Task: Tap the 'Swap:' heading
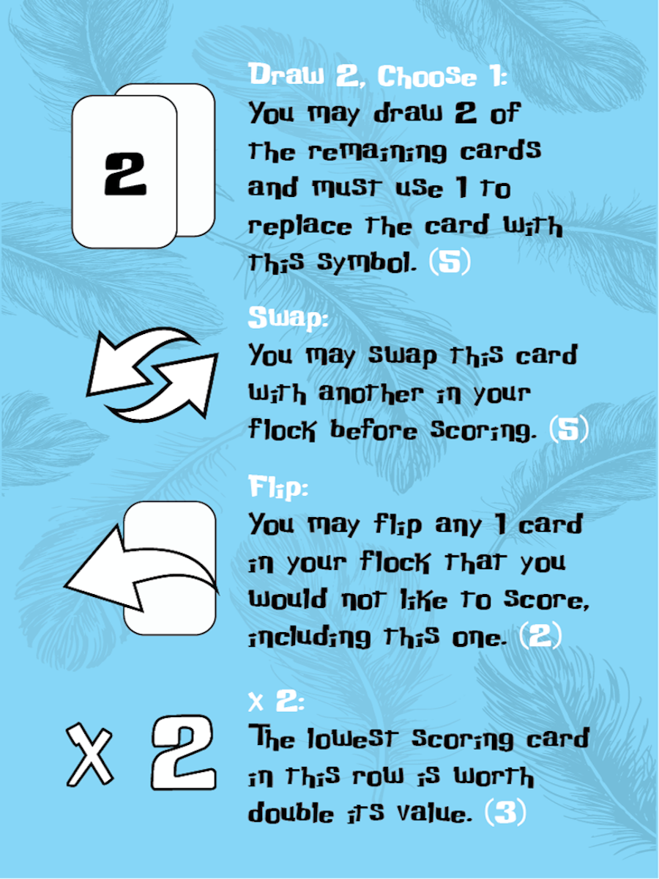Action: pyautogui.click(x=288, y=318)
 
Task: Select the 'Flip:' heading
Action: pyautogui.click(x=275, y=486)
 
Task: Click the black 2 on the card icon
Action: pyautogui.click(x=125, y=174)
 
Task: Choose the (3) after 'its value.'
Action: pyautogui.click(x=505, y=814)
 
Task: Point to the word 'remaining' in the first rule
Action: pyautogui.click(x=371, y=152)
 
